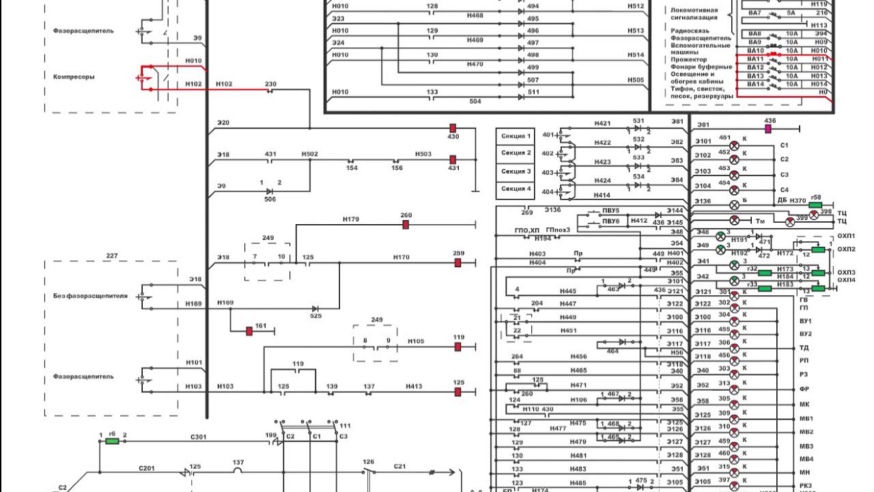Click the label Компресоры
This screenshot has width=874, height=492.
74,77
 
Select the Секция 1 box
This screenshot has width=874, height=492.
516,136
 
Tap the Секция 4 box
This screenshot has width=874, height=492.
516,189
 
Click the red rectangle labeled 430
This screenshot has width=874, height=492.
452,128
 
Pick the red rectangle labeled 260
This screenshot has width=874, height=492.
406,225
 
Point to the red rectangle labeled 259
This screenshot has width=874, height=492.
458,262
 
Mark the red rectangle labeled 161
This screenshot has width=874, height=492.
249,331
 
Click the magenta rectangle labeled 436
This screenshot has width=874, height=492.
768,128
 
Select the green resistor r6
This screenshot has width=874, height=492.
112,441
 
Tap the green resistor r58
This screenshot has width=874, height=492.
815,205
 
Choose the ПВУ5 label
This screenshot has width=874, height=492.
610,210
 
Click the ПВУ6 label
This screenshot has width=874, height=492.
610,221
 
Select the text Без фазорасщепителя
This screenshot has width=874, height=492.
91,296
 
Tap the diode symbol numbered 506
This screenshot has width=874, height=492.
270,191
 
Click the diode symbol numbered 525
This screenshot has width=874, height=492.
315,309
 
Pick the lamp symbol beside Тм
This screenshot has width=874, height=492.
735,220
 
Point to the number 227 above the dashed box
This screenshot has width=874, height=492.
112,256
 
